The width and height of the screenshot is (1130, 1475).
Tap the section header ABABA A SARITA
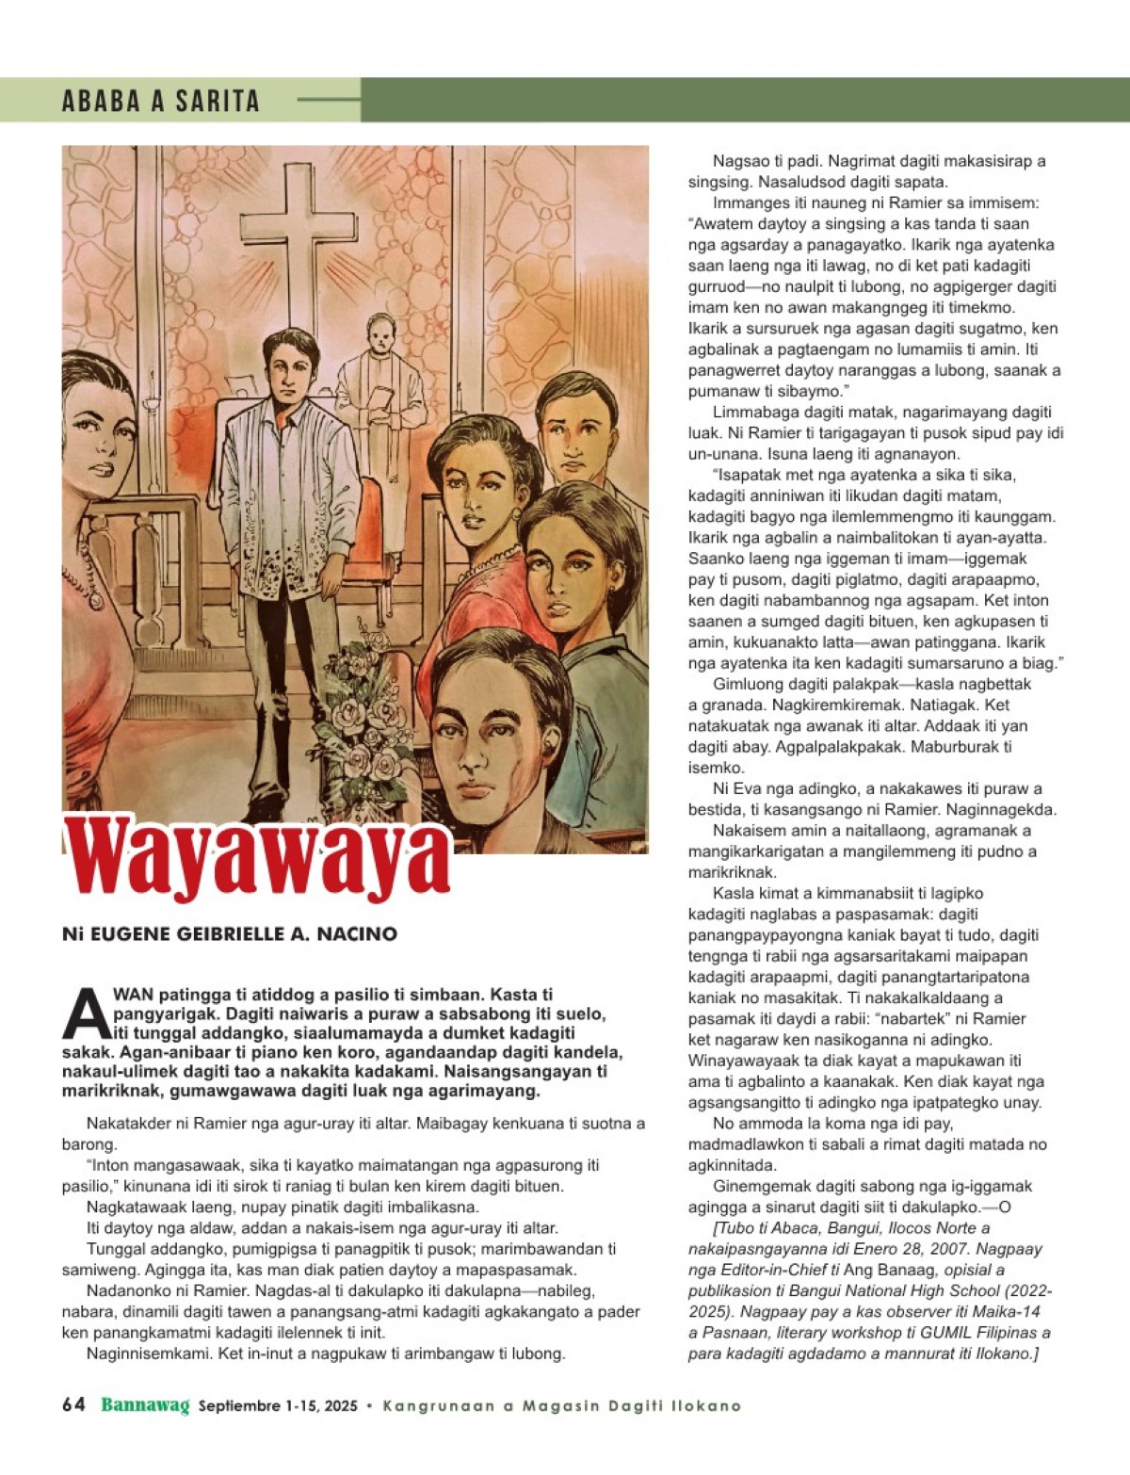pos(160,101)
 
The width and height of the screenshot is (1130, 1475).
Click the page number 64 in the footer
pos(73,1405)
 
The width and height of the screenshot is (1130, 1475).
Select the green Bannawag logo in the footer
pos(145,1405)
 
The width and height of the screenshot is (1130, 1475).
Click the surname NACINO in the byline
pos(357,934)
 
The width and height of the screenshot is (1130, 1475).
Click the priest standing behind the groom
pos(380,377)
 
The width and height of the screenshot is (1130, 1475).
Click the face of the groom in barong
pos(289,369)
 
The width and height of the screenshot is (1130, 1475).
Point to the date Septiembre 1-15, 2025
pos(278,1406)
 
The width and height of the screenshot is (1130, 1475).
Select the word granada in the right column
pos(724,705)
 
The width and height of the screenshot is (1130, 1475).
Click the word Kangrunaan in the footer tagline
pos(438,1406)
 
